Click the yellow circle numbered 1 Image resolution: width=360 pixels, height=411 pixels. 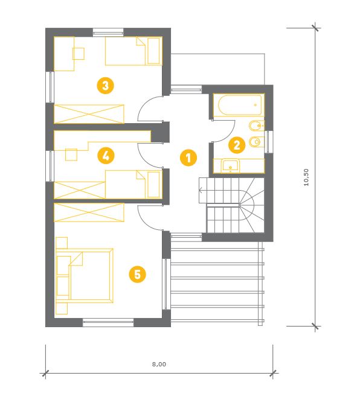188,158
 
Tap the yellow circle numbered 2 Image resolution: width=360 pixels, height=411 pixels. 237,145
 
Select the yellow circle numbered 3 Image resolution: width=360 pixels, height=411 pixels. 106,85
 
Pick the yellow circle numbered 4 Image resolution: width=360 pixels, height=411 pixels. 106,156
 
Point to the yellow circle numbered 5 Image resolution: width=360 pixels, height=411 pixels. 138,275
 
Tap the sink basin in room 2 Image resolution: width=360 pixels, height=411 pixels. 230,165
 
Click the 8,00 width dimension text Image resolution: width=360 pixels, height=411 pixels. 159,364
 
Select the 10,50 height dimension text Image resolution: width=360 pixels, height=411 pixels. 306,177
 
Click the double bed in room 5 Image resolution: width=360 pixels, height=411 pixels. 85,275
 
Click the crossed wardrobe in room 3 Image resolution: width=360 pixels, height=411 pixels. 89,114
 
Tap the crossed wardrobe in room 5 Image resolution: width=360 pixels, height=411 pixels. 89,212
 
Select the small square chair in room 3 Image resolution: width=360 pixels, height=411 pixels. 79,54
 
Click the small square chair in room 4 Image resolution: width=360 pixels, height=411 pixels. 71,155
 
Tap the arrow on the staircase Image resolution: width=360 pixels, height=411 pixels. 201,190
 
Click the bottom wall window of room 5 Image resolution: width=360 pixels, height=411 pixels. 108,322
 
